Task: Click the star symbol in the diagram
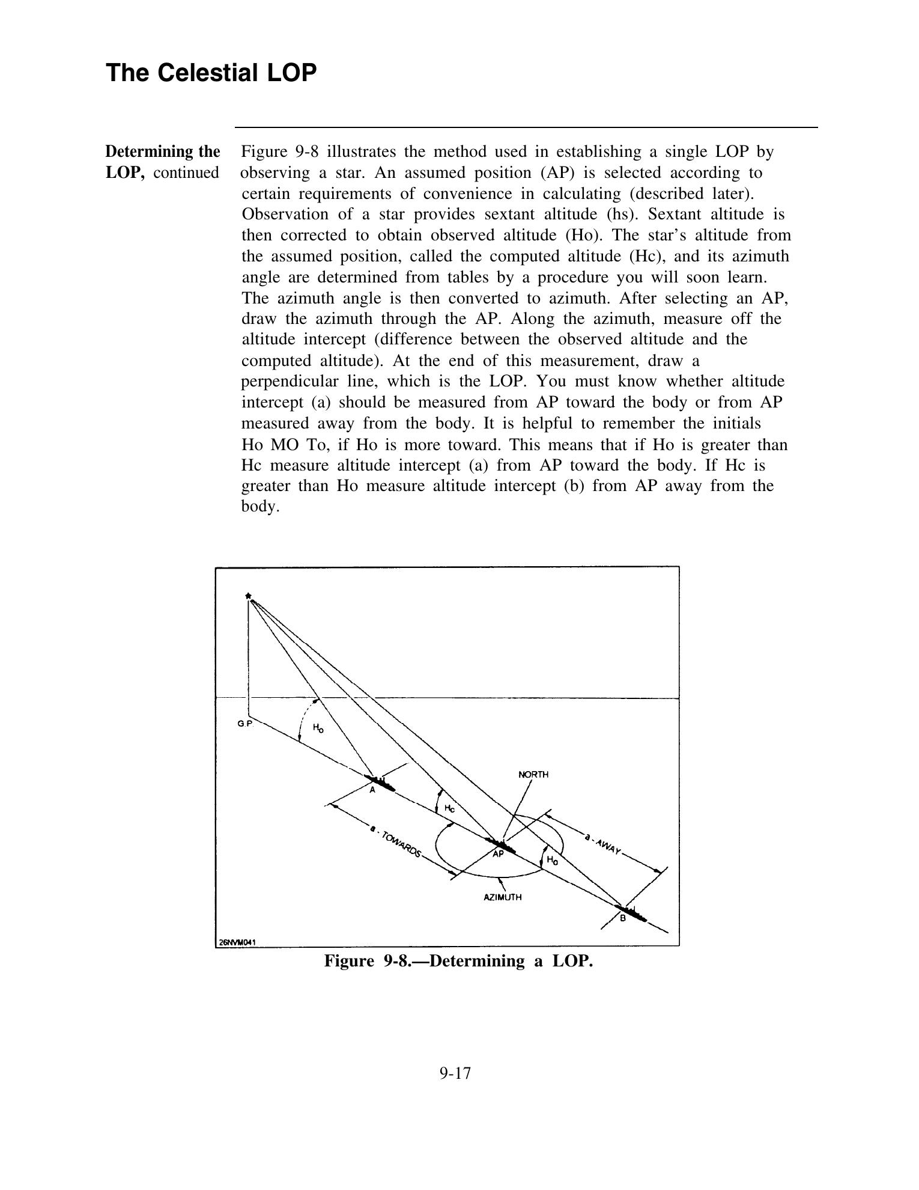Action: [x=247, y=595]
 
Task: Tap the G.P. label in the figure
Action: [x=244, y=724]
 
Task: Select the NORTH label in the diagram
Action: [x=533, y=774]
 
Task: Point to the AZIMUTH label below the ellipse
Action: [x=503, y=897]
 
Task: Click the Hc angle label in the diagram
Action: [x=449, y=808]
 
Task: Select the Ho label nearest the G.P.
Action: [x=318, y=728]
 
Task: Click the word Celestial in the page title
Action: [x=202, y=73]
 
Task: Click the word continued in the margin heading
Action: [x=186, y=172]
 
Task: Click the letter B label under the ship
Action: [x=622, y=919]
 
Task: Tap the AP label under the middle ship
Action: [x=498, y=853]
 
